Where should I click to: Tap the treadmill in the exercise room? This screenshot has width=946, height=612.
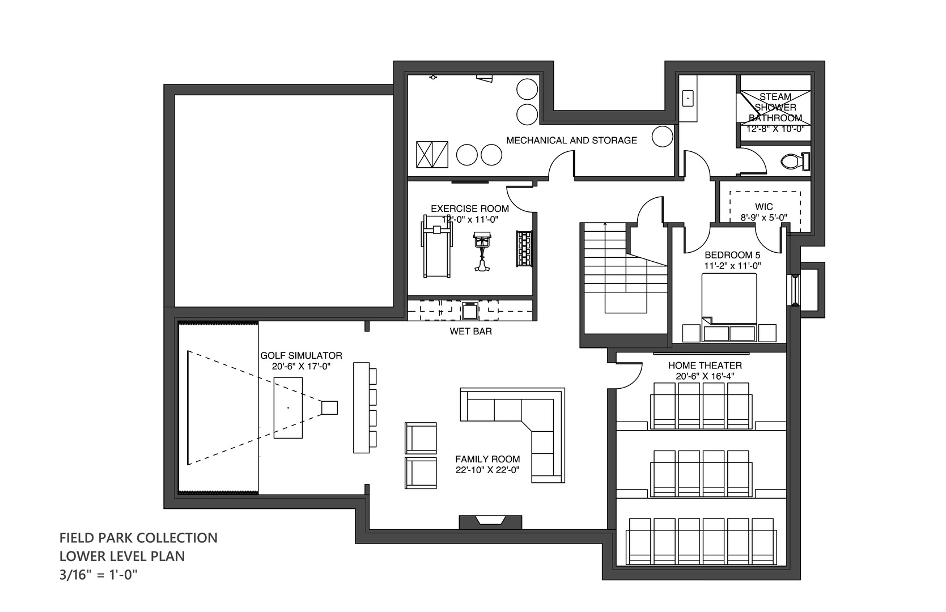point(436,246)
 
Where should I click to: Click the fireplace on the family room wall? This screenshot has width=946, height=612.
point(490,522)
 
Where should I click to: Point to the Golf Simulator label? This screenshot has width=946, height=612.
point(301,356)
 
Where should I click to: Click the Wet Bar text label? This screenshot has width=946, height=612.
point(470,331)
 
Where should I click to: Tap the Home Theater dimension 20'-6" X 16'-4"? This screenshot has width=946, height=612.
point(705,376)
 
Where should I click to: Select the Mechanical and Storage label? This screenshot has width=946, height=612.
point(571,140)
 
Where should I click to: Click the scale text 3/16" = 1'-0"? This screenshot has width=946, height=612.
point(99,575)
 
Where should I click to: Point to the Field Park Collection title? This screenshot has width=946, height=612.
point(138,538)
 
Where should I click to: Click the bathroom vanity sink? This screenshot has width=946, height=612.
point(688,99)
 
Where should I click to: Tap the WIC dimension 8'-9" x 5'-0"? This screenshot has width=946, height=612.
point(764,218)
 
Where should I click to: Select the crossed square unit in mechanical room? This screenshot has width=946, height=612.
point(432,154)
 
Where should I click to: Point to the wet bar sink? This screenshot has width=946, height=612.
point(469,311)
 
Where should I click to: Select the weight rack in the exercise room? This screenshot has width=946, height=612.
point(524,248)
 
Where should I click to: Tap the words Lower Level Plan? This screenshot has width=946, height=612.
point(122,556)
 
